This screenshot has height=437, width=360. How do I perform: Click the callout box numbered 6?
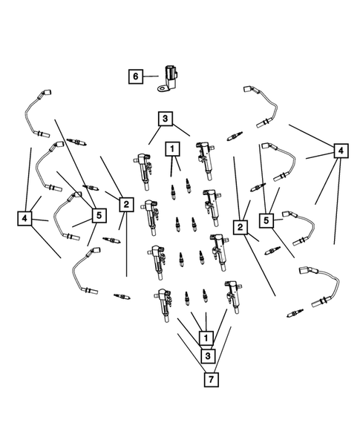[136, 76]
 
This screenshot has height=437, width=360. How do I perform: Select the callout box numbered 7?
[211, 379]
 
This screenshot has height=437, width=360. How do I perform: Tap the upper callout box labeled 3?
[166, 119]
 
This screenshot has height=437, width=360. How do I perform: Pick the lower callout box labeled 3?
[208, 356]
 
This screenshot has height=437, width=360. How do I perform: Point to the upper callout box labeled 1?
[172, 149]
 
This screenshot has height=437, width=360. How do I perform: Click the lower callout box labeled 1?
[206, 338]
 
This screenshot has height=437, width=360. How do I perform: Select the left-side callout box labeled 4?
[24, 218]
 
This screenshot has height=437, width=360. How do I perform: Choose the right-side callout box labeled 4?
[341, 151]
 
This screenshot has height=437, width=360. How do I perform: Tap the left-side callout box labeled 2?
[126, 204]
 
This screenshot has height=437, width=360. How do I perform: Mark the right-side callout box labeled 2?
[240, 227]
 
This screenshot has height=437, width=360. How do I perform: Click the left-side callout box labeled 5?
[99, 215]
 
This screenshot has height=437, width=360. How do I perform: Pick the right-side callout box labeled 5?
[266, 220]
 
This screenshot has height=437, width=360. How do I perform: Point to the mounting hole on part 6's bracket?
[162, 89]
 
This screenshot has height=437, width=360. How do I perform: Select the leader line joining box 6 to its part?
[151, 76]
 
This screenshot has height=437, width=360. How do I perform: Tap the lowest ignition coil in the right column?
[233, 297]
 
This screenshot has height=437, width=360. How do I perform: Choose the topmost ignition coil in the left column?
[143, 171]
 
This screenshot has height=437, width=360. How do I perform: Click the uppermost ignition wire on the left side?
[37, 114]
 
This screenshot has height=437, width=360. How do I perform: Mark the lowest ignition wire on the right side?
[319, 286]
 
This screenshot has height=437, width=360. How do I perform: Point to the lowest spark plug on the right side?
[295, 313]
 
